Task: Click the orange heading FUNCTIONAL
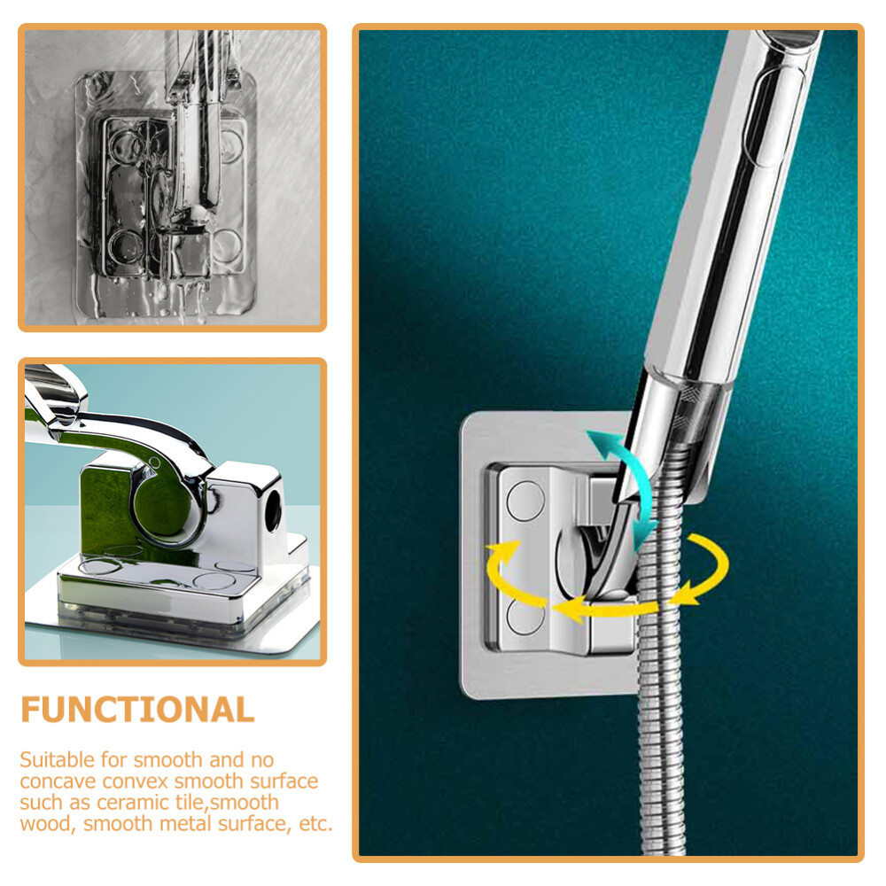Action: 137,710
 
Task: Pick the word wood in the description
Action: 43,824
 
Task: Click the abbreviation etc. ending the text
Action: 315,824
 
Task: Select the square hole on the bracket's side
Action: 268,508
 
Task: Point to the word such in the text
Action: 41,803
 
